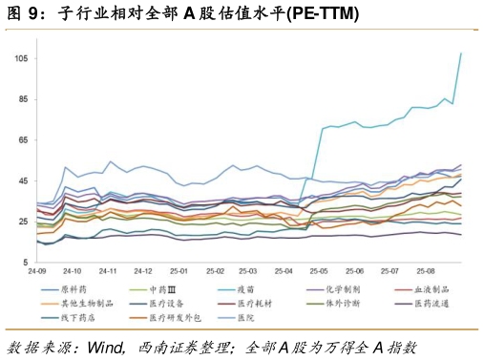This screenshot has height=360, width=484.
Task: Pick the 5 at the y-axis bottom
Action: pyautogui.click(x=27, y=262)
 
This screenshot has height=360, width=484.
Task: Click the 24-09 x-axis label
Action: pyautogui.click(x=37, y=271)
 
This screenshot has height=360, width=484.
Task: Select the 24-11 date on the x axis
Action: pyautogui.click(x=108, y=271)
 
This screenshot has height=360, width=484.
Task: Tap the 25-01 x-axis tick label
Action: pyautogui.click(x=179, y=271)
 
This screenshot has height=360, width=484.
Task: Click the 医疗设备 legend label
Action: pyautogui.click(x=165, y=304)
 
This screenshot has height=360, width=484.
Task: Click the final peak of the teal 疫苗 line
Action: pyautogui.click(x=461, y=53)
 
